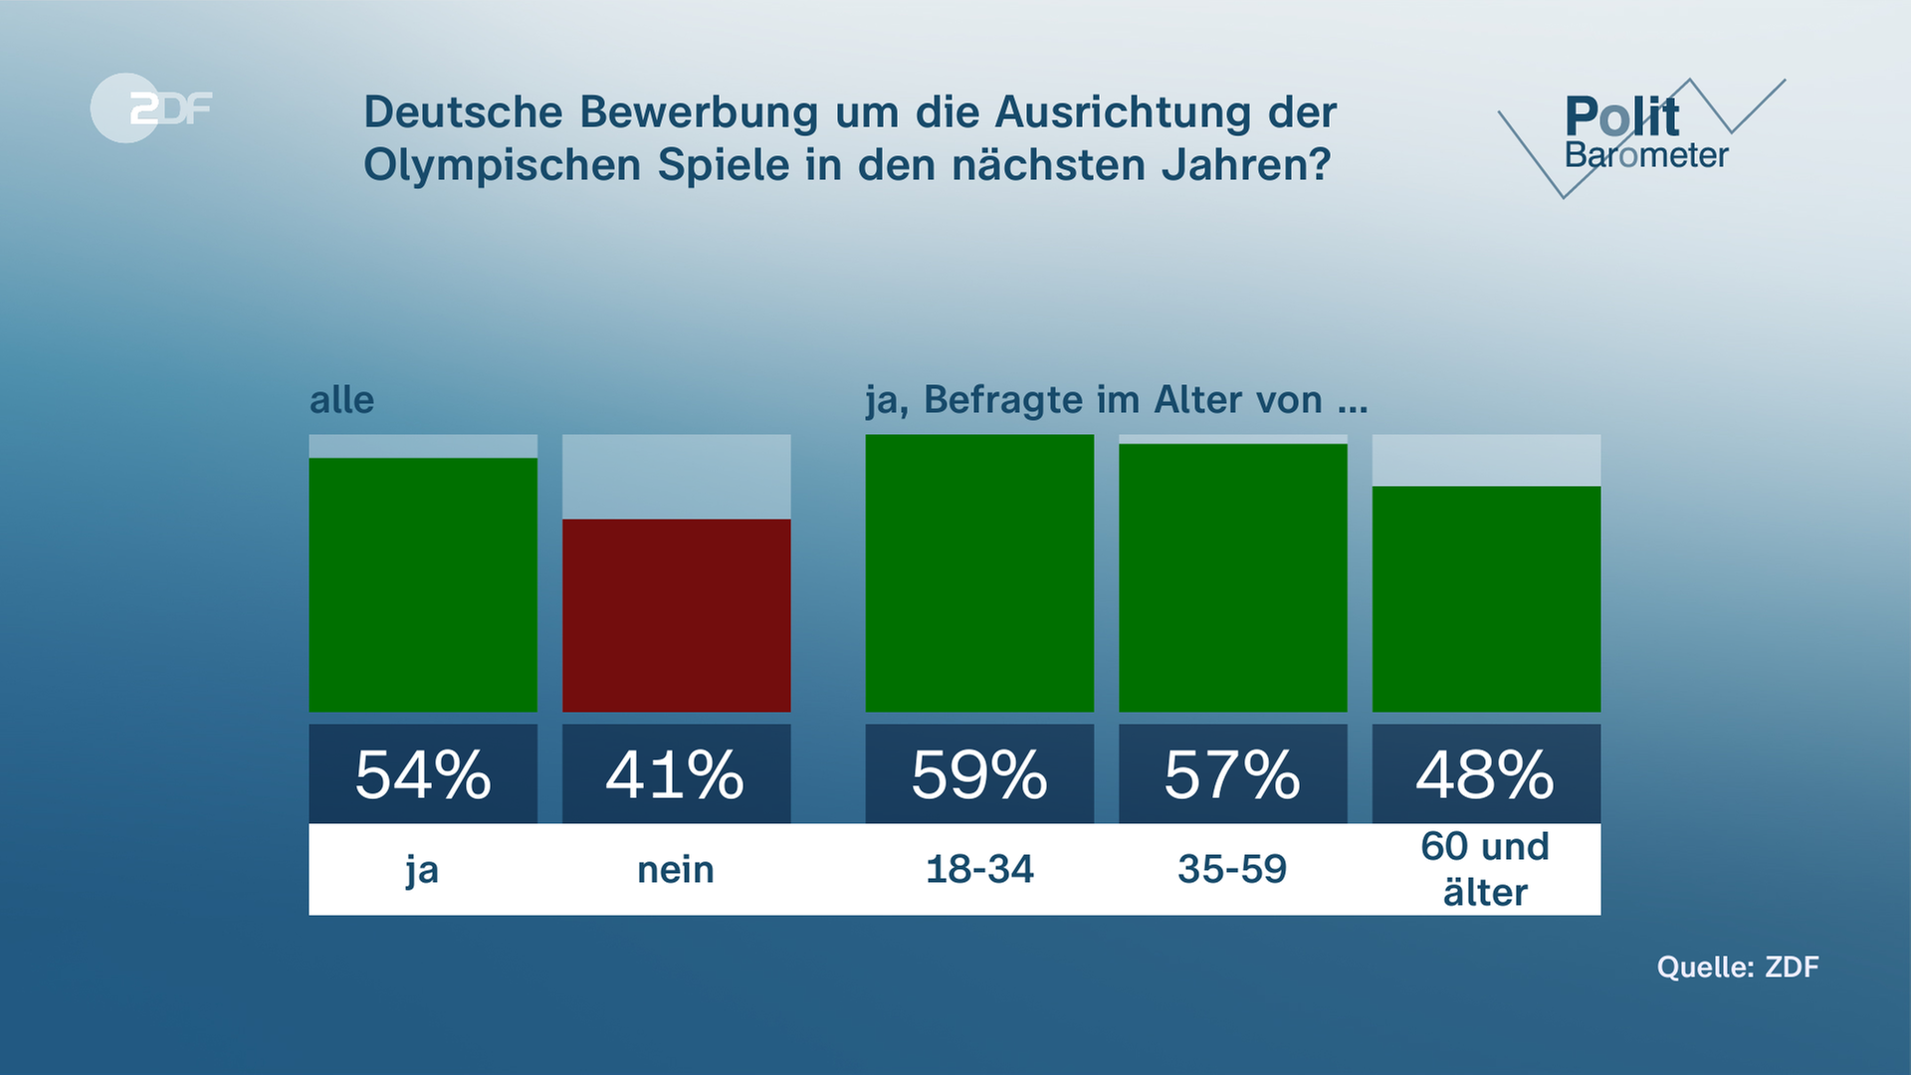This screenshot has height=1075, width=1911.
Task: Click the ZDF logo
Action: click(151, 107)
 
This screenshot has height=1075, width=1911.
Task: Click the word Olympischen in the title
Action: click(504, 165)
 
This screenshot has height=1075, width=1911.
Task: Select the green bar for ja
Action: click(423, 584)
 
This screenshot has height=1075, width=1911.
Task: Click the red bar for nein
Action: click(677, 615)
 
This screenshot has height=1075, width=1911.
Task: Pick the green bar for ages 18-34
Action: click(979, 573)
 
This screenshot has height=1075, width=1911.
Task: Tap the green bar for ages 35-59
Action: click(1233, 577)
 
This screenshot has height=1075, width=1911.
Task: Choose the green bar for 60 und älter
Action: click(1486, 599)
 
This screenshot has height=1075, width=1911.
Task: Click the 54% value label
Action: click(423, 774)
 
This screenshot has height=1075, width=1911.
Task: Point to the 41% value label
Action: click(677, 774)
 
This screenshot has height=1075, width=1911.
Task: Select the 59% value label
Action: click(979, 774)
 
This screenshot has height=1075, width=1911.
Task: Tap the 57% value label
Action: click(1233, 774)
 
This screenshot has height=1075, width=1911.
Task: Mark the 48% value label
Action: click(1486, 774)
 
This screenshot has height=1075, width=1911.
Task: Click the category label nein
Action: click(676, 870)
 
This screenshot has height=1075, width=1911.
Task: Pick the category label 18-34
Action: click(979, 870)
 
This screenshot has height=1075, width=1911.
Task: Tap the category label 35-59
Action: click(1232, 870)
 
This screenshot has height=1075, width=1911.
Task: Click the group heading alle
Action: click(342, 400)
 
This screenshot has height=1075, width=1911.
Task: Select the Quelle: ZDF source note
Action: click(1737, 967)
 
